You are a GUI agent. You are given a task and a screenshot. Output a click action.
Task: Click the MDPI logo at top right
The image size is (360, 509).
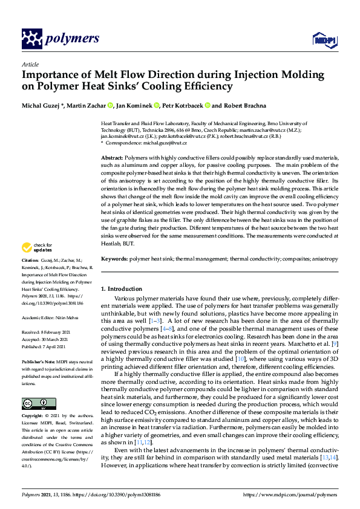coord(323,40)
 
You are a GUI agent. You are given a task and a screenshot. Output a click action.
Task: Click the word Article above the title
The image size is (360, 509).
coord(30,64)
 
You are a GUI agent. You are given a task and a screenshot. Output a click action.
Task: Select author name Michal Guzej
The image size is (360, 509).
coord(42,105)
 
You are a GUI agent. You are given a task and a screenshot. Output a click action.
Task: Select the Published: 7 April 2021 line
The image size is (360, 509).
coord(49,345)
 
